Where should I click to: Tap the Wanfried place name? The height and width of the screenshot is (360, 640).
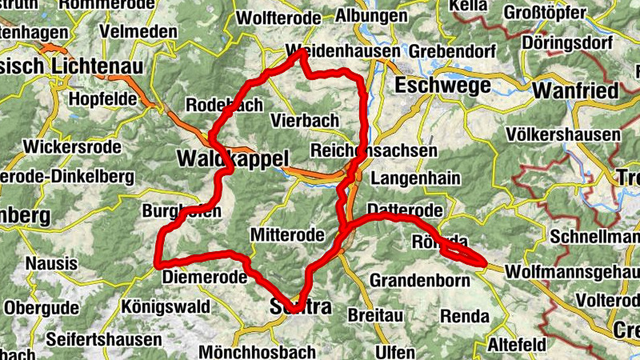point(576,90)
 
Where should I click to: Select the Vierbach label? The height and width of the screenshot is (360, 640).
point(305,121)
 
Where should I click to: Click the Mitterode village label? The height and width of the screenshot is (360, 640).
point(287,235)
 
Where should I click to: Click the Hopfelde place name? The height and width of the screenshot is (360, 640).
point(105,98)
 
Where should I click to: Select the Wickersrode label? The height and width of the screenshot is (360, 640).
point(72,147)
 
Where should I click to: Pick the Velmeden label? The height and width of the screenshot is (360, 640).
point(138,30)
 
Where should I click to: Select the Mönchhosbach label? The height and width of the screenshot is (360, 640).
point(249,352)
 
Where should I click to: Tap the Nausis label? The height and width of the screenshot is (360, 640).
point(51,262)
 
